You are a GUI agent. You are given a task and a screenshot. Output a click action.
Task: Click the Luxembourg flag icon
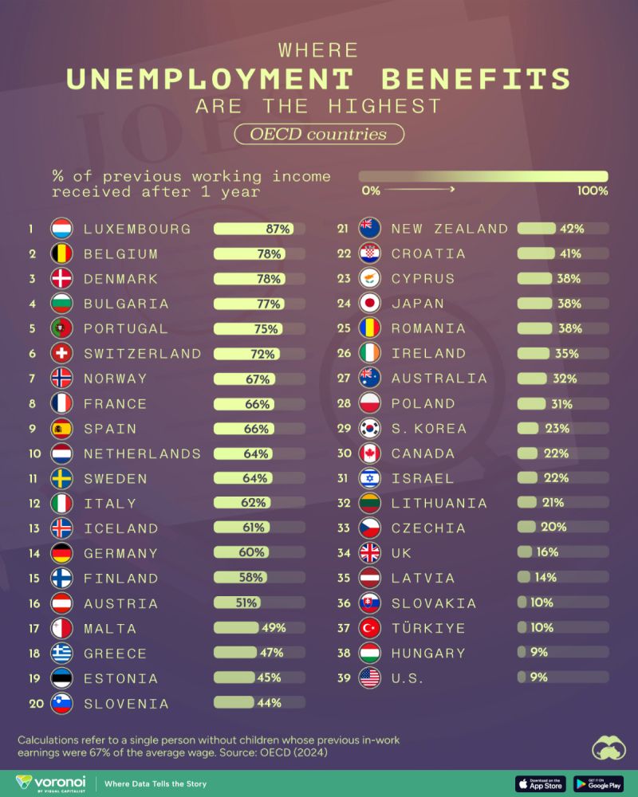[x=62, y=229]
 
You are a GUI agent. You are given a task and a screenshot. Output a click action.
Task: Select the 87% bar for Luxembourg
[x=254, y=229]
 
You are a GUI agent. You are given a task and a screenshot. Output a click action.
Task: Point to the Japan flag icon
[x=370, y=303]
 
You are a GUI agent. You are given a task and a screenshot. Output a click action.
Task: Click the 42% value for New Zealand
[x=572, y=229]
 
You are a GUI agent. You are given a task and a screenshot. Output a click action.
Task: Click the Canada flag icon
[x=370, y=453]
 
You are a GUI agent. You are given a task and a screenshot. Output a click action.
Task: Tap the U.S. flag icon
[x=370, y=677]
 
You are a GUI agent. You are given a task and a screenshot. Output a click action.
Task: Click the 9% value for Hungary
[x=539, y=653]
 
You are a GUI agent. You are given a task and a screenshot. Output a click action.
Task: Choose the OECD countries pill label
[x=318, y=134]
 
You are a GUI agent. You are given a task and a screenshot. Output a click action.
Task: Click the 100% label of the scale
[x=593, y=190]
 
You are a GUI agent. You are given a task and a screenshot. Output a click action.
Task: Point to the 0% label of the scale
[x=371, y=190]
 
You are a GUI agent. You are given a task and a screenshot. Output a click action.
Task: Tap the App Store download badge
[x=541, y=783]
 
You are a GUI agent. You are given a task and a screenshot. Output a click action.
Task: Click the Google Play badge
[x=598, y=783]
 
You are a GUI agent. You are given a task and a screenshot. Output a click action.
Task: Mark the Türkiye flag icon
[x=370, y=627]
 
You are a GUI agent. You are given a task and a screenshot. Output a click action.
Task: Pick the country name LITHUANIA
[x=450, y=503]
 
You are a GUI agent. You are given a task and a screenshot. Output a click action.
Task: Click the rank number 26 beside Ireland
[x=344, y=353]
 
